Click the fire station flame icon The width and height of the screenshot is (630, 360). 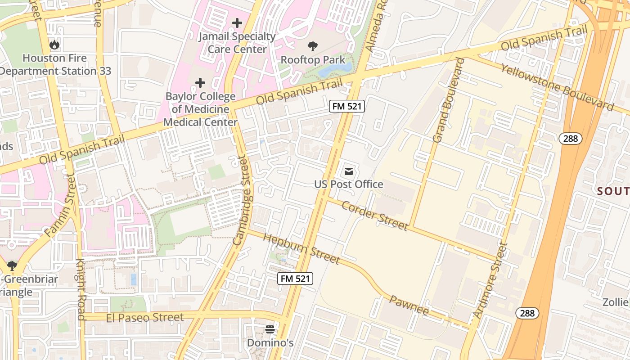tap(54, 45)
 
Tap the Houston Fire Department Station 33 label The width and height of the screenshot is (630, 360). tap(55, 65)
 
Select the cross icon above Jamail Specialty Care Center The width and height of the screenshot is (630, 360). tap(237, 23)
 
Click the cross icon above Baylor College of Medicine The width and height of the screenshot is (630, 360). tap(200, 83)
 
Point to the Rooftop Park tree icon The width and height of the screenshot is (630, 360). tap(313, 46)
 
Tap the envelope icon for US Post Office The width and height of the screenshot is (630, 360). tap(349, 171)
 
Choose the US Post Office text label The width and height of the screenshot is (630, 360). tap(349, 184)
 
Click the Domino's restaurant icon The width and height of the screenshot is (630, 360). tap(270, 329)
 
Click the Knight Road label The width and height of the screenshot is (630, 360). tap(81, 289)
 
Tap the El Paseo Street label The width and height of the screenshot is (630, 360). tap(145, 318)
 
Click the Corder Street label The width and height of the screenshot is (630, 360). tap(374, 215)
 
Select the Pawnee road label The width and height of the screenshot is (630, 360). tap(409, 305)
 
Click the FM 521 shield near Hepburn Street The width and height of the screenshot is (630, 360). tap(295, 279)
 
